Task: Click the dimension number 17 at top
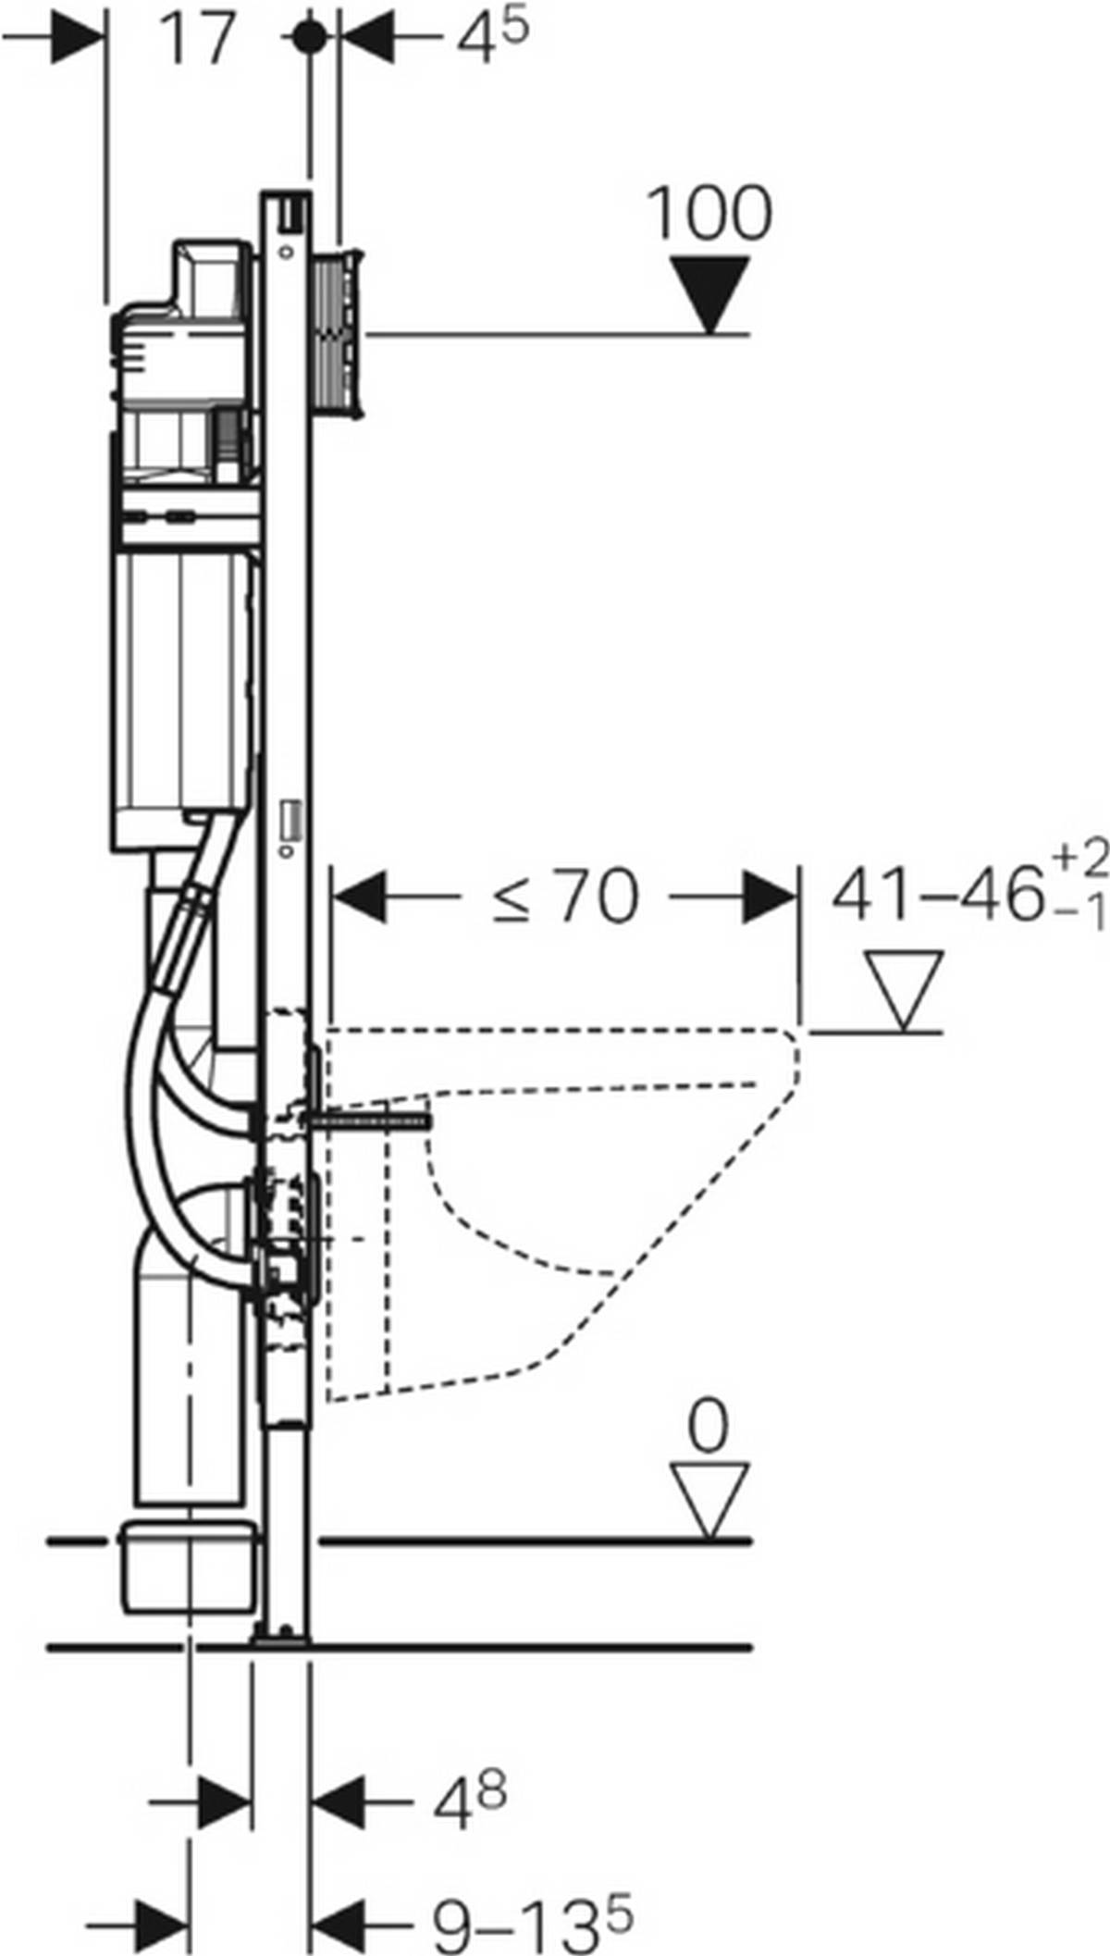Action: (x=197, y=40)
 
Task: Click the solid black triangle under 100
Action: (x=709, y=291)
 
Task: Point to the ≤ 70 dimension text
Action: (x=565, y=897)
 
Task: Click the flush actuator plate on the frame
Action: (x=339, y=333)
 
